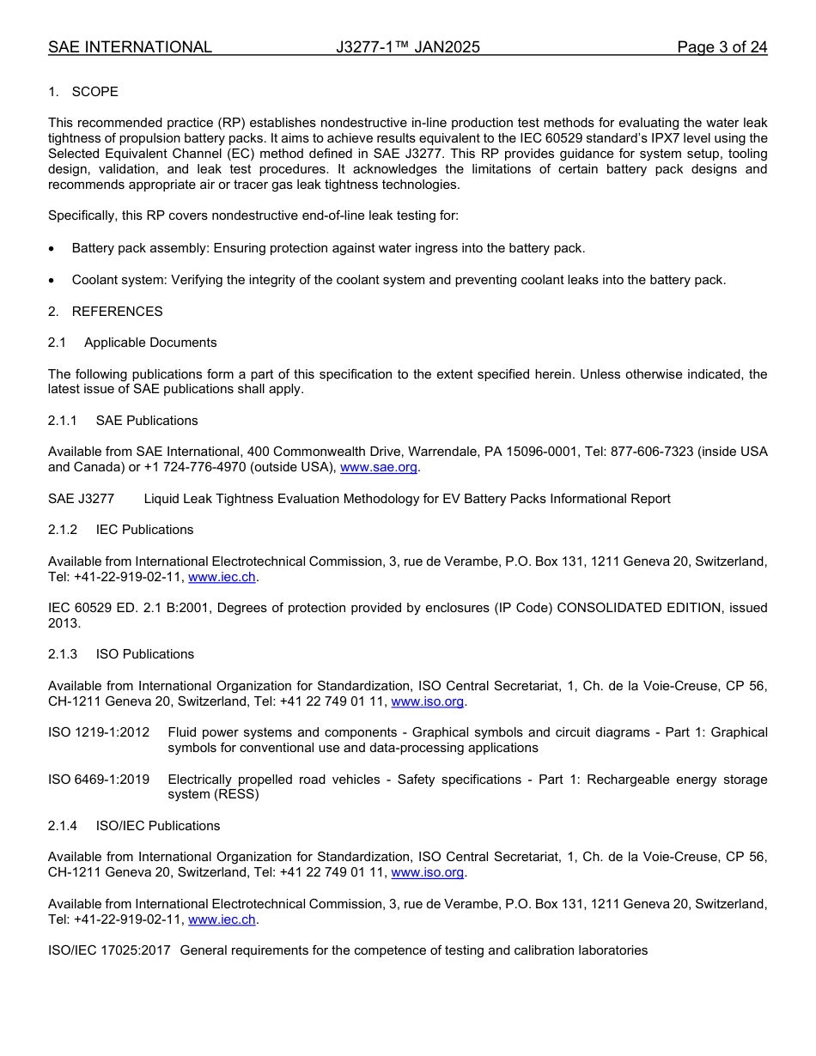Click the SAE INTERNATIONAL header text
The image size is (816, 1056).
click(x=130, y=47)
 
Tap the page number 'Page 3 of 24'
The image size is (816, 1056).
click(x=722, y=47)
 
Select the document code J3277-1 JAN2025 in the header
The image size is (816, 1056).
click(x=407, y=47)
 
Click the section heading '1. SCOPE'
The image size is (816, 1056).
click(x=83, y=92)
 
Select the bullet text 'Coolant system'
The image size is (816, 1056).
click(x=119, y=280)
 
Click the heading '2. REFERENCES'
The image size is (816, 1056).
click(x=105, y=311)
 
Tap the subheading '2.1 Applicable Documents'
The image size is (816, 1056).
click(x=132, y=343)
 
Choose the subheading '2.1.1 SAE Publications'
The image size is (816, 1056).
click(x=123, y=421)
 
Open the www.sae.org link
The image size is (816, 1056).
click(x=379, y=467)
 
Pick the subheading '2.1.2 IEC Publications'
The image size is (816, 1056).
click(x=120, y=530)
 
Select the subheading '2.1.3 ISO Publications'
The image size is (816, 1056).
click(x=121, y=654)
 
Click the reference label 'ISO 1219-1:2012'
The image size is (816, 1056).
click(x=99, y=732)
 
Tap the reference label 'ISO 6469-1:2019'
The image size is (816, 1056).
click(x=99, y=780)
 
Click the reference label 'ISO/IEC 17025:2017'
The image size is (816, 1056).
click(x=109, y=950)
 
